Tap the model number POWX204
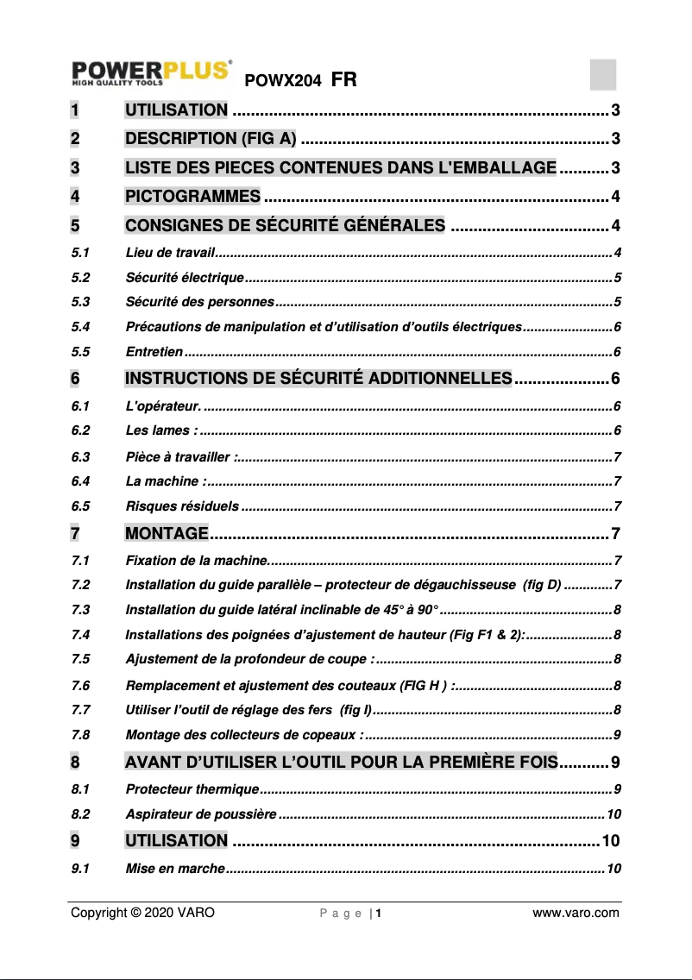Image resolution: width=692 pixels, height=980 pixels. coord(284,81)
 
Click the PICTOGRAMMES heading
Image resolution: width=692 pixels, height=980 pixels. coord(192,197)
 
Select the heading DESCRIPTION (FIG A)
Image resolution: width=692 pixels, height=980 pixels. coord(211,139)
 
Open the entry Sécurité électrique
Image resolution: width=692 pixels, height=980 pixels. coord(185,278)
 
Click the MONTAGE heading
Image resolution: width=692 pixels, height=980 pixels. coord(167,532)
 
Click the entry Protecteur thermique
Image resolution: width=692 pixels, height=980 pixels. coord(192,789)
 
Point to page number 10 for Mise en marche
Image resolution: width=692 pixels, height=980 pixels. coord(613,868)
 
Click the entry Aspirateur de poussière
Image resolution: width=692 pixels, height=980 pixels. coord(201,814)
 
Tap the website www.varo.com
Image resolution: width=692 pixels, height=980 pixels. coord(576,913)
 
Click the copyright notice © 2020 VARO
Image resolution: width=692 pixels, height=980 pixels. coord(142,913)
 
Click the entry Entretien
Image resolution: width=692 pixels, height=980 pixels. coord(154,352)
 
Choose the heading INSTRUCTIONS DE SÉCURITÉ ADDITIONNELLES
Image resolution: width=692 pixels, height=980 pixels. coord(318,379)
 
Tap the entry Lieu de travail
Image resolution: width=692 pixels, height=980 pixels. coord(168,253)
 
